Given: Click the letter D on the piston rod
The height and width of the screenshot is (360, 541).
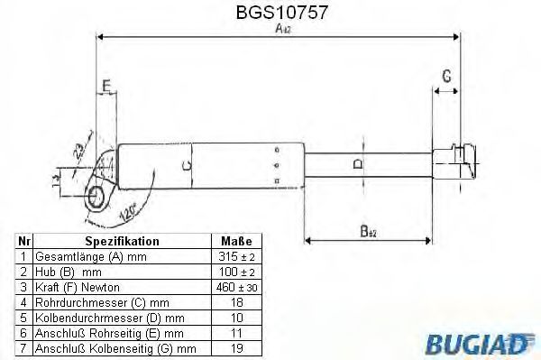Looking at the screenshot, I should coord(360,163).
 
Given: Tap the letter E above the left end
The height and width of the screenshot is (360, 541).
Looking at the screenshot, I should coord(106,87).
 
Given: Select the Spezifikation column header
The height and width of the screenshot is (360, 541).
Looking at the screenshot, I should coord(122,242).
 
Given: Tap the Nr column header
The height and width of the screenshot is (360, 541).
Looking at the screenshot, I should coord(24,242).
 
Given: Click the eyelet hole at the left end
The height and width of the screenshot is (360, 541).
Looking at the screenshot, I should coord(95,194).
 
